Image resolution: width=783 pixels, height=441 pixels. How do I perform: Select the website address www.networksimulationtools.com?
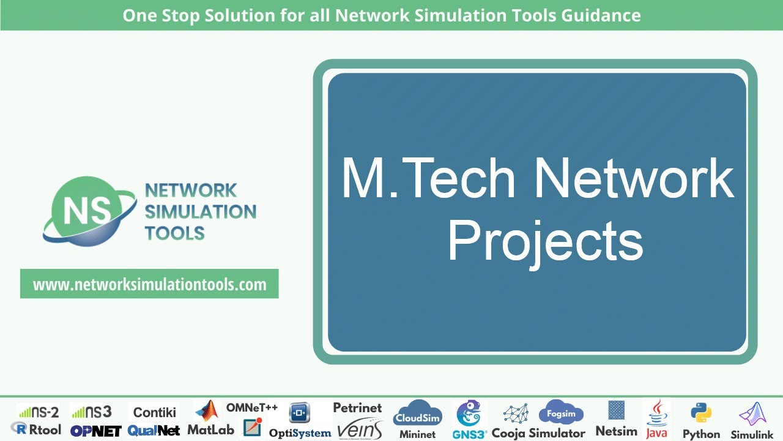tap(149, 284)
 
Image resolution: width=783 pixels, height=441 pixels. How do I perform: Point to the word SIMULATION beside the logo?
tap(200, 212)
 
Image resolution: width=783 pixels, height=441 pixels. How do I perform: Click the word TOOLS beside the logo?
tap(174, 233)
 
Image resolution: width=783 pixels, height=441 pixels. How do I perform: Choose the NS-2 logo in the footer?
tap(38, 412)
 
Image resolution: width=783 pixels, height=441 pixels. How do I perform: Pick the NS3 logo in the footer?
tap(91, 412)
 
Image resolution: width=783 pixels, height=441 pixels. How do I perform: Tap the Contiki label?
tap(154, 412)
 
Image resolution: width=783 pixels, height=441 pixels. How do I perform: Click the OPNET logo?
tap(96, 431)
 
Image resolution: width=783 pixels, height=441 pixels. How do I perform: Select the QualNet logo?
tap(154, 431)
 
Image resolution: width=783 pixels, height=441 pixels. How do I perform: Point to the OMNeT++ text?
tap(251, 407)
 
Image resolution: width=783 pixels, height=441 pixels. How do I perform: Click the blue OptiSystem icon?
tap(300, 413)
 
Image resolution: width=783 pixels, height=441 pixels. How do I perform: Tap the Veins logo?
tap(359, 428)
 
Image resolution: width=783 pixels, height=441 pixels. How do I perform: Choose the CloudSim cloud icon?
tap(418, 414)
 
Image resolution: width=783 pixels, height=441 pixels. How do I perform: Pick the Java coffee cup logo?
tap(657, 412)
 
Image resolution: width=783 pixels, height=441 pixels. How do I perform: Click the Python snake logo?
tap(700, 413)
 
